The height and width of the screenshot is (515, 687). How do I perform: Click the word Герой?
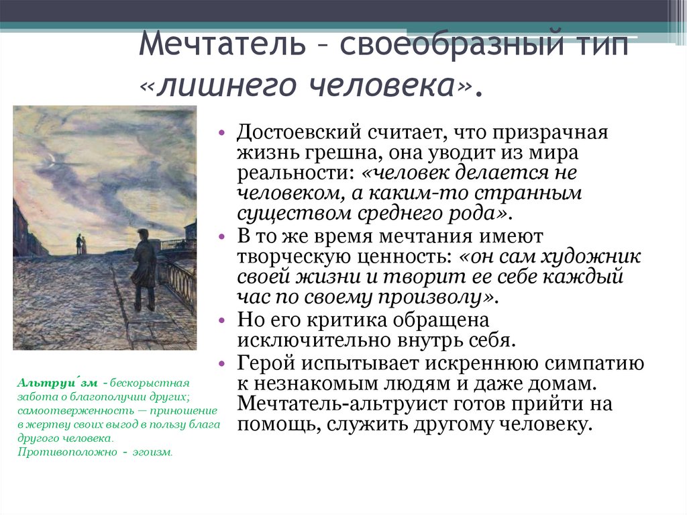(266, 364)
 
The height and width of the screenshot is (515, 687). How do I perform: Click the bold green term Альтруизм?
(57, 382)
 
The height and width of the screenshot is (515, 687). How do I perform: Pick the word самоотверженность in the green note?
(63, 410)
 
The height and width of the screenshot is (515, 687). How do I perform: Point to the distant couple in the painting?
(80, 244)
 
